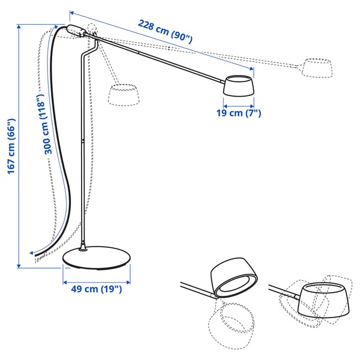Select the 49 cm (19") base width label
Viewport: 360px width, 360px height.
tap(96, 289)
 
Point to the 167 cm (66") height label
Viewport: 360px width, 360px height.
tap(11, 146)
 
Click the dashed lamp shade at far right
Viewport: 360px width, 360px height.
tap(317, 67)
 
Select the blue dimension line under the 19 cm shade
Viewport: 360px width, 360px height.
tap(239, 103)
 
